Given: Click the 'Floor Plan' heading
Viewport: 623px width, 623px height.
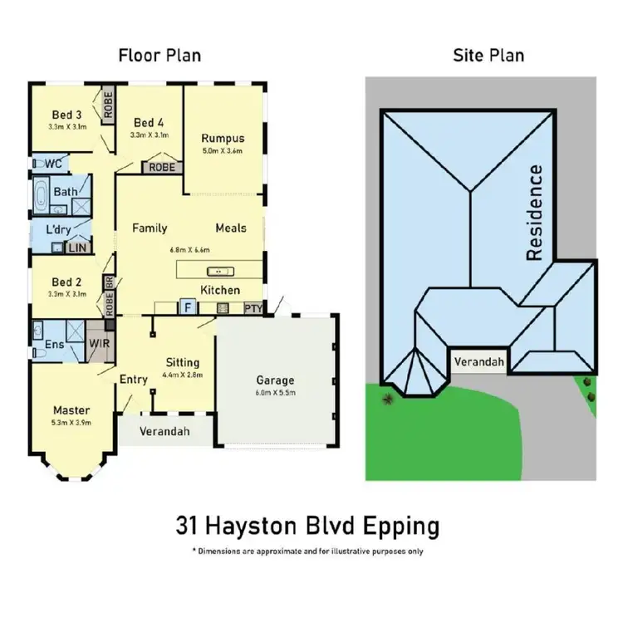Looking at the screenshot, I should pos(159,56).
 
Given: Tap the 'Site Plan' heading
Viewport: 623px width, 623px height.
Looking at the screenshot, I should pos(488,56).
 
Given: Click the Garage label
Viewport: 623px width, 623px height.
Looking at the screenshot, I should pos(275,381).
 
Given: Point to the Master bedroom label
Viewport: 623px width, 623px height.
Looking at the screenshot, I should pos(71,410).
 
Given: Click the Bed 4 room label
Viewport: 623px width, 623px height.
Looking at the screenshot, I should pos(149,121).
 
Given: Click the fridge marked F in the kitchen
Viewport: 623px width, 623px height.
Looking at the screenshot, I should pos(189,307).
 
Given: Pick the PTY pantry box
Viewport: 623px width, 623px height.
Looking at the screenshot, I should pos(253,309).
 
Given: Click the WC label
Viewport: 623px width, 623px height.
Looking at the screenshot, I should pos(54,164).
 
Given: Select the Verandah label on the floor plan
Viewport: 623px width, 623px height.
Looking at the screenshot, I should pos(164,431).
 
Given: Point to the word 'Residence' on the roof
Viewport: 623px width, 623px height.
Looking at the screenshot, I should pos(535,213).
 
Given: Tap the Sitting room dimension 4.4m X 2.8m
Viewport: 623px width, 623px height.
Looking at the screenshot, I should pos(183,375).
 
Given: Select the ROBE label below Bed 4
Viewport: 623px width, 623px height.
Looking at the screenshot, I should pos(162,167).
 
